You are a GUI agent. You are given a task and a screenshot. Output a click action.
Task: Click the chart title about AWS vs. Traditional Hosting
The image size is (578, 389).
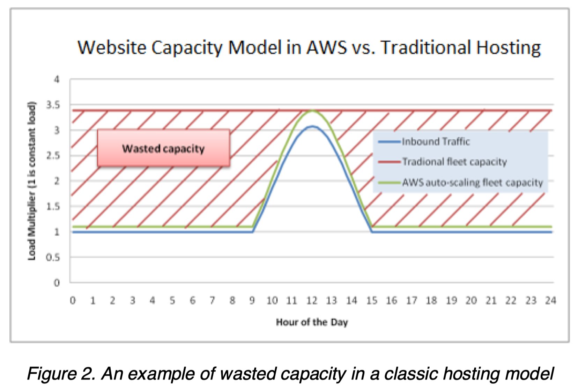(309, 47)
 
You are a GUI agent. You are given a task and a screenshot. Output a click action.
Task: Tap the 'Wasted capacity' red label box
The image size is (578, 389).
(163, 148)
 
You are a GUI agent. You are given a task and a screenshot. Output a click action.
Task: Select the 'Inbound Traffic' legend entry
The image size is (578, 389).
(436, 141)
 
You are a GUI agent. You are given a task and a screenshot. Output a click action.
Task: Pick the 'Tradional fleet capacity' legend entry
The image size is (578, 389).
(454, 162)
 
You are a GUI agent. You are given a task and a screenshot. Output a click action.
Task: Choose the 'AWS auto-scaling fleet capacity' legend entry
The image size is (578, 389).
(472, 182)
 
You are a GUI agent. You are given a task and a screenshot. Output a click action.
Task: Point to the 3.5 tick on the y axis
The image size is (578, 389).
(53, 105)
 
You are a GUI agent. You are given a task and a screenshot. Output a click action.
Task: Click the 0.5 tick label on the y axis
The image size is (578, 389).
(53, 257)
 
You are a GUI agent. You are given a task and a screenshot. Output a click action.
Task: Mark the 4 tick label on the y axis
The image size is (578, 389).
(57, 80)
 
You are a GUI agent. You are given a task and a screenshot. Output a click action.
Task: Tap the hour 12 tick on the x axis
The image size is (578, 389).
(312, 300)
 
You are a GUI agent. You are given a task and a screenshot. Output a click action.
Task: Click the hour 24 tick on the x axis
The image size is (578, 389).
(550, 300)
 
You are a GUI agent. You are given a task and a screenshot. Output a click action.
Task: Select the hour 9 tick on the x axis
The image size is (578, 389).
(252, 300)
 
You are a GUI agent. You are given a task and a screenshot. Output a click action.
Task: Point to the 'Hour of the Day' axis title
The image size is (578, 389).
(312, 322)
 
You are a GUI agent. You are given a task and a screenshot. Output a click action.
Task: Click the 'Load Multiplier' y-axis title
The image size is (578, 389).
(32, 181)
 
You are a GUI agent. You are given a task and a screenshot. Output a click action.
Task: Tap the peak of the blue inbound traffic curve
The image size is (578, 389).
(312, 126)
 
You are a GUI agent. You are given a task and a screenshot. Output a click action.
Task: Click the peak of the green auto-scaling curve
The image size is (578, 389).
(312, 111)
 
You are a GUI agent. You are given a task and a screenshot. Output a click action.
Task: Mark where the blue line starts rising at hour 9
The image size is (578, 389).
(253, 232)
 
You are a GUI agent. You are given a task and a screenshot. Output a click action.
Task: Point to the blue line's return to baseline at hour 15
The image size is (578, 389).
(372, 232)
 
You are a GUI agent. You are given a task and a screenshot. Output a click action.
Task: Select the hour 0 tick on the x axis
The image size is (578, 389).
(73, 300)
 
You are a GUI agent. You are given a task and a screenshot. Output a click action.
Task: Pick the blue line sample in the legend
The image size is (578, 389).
(389, 142)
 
